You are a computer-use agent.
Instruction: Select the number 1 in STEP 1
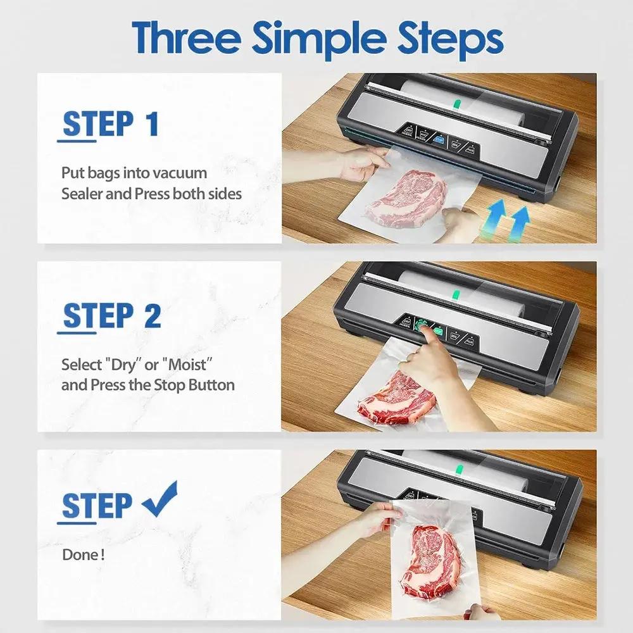[x=151, y=124]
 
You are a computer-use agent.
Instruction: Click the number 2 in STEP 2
[x=152, y=315]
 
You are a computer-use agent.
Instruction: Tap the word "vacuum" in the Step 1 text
[x=184, y=172]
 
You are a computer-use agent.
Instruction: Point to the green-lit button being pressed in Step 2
[x=421, y=327]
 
